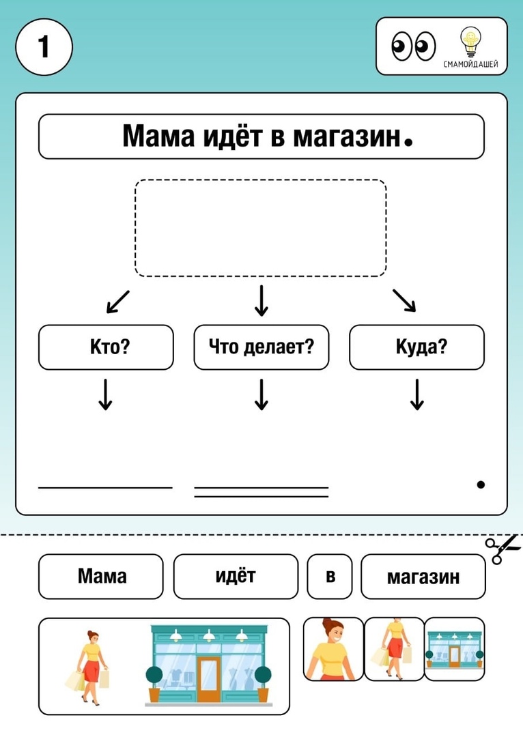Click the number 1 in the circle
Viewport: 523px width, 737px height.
coord(44,46)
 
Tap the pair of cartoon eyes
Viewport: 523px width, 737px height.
coord(413,46)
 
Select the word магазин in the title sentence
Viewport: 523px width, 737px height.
coord(346,136)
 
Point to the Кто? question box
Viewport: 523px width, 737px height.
coord(106,347)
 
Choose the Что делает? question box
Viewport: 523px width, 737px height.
coord(261,347)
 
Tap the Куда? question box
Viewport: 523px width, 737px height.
coord(416,347)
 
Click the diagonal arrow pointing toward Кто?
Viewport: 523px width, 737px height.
coord(117,302)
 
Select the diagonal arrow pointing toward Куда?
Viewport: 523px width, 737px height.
coord(404,300)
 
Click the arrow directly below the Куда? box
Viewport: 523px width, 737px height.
coord(416,395)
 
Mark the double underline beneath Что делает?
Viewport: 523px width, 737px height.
coord(261,492)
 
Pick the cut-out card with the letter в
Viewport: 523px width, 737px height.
coord(330,576)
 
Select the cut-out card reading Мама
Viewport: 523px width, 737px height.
coord(100,576)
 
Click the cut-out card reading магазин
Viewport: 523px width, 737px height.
coord(423,576)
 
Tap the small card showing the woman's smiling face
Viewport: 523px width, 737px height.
coord(333,649)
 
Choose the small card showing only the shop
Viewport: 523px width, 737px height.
coord(454,649)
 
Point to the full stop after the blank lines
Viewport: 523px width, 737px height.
coord(481,485)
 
